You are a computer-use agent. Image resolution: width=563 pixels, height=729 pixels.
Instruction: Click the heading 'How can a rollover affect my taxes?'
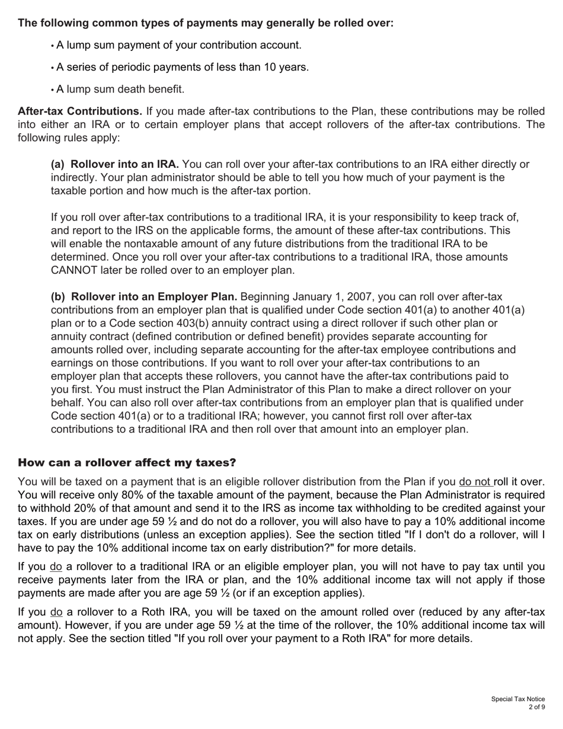coord(127,462)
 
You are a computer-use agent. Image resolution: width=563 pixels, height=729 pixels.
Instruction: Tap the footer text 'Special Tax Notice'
coord(517,699)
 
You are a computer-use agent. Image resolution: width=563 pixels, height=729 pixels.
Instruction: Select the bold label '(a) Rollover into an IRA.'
coord(115,164)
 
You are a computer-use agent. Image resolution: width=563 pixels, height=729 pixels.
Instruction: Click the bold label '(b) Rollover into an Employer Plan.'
coord(144,296)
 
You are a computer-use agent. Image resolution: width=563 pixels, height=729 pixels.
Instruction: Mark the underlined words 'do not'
coord(475,482)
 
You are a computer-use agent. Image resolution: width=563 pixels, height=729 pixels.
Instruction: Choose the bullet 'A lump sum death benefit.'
coord(120,89)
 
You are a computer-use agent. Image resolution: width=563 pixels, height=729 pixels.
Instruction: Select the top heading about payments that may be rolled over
coord(206,23)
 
